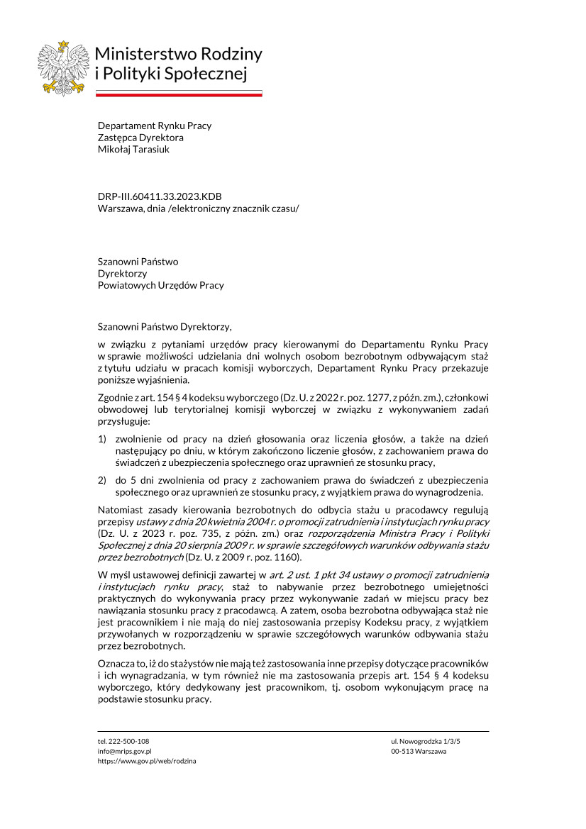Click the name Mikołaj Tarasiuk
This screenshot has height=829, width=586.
tap(133, 149)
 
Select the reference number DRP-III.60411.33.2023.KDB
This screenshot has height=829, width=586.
tap(164, 196)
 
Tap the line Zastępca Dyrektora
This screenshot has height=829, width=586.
tap(140, 137)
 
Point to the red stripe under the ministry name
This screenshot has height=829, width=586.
tap(179, 94)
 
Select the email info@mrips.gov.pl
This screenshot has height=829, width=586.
tap(124, 750)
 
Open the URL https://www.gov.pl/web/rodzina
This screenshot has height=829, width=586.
tap(147, 760)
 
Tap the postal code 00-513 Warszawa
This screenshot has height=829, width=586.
tap(419, 750)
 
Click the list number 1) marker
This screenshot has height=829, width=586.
tap(102, 440)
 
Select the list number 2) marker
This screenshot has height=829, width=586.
tap(102, 482)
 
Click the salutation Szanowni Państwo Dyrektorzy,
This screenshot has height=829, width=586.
tap(165, 327)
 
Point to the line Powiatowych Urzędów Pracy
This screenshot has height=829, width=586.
tap(160, 285)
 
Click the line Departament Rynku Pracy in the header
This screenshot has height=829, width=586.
tap(154, 126)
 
